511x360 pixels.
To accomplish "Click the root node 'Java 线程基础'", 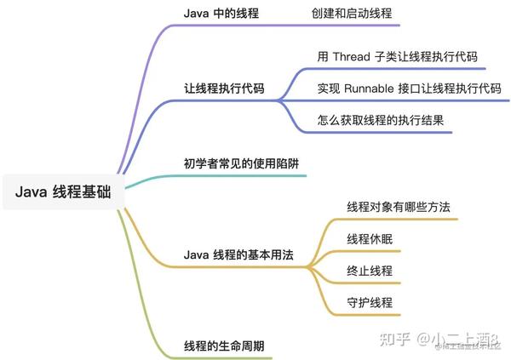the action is [63, 191].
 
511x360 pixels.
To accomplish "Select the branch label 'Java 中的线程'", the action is [221, 14].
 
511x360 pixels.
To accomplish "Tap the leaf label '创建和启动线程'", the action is [352, 14].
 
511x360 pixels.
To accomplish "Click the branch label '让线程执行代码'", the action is [224, 89].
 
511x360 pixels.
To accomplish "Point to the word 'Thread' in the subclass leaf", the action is [352, 57].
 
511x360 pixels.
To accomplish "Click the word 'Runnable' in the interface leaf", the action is [370, 89].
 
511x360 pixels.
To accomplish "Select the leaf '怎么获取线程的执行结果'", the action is [381, 120].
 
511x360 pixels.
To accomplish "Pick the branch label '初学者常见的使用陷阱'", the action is [242, 163].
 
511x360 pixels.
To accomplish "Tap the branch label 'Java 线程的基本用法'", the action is [238, 254].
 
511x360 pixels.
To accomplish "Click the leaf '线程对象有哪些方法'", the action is [399, 207].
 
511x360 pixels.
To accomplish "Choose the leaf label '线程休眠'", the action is [370, 239].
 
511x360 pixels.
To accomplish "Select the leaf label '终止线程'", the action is [370, 271].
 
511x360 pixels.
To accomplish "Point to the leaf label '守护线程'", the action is [370, 302].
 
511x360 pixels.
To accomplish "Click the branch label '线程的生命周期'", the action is [224, 346].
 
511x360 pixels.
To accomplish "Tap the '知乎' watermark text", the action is [395, 340].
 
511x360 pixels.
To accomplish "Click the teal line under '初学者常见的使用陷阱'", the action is [215, 176].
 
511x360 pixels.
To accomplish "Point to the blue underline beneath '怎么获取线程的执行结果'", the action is [378, 132].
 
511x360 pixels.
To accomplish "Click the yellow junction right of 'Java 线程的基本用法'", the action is [308, 267].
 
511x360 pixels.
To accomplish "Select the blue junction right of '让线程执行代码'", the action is [279, 100].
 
